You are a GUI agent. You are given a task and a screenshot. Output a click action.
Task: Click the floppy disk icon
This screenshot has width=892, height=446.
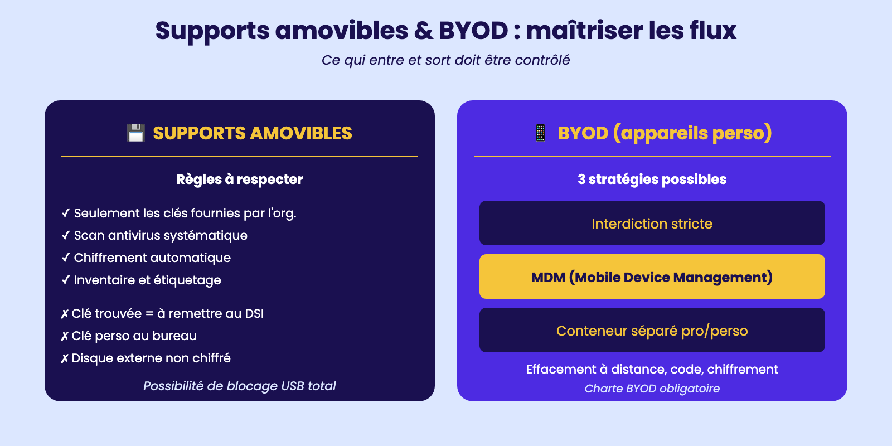pyautogui.click(x=136, y=133)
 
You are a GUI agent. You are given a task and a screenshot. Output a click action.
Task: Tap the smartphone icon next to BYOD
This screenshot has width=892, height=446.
pyautogui.click(x=540, y=133)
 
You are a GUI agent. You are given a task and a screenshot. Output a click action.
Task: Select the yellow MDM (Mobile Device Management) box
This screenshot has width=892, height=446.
pyautogui.click(x=652, y=277)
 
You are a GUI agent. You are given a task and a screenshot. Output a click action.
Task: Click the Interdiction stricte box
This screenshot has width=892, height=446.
pyautogui.click(x=652, y=223)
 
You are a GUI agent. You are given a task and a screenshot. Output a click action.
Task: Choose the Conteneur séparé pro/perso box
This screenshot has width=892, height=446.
pyautogui.click(x=652, y=330)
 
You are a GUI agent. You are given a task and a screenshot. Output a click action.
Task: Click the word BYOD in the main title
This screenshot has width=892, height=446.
pyautogui.click(x=473, y=31)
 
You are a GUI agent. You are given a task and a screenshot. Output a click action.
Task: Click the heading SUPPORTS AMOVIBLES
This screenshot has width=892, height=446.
pyautogui.click(x=253, y=133)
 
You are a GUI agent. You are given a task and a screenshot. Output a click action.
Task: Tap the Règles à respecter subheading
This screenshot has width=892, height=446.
pyautogui.click(x=240, y=179)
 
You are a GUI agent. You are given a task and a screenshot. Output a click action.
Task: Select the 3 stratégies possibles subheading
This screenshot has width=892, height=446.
pyautogui.click(x=652, y=179)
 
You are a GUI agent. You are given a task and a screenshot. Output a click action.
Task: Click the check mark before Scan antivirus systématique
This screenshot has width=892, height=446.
pyautogui.click(x=66, y=235)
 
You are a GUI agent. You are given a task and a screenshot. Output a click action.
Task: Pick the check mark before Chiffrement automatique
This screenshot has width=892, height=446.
pyautogui.click(x=66, y=258)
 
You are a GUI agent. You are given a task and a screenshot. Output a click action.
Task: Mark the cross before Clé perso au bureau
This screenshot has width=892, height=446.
pyautogui.click(x=65, y=336)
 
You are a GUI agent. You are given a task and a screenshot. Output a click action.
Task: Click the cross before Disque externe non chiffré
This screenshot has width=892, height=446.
pyautogui.click(x=65, y=358)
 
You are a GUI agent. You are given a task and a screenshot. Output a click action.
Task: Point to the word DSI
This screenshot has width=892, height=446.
pyautogui.click(x=254, y=313)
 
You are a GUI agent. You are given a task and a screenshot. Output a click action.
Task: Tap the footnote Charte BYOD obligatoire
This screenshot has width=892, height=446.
pyautogui.click(x=652, y=388)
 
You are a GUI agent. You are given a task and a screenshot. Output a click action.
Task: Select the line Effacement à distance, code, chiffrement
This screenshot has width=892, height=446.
pyautogui.click(x=652, y=369)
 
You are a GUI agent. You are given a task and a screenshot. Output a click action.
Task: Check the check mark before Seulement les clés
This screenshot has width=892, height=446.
pyautogui.click(x=66, y=213)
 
